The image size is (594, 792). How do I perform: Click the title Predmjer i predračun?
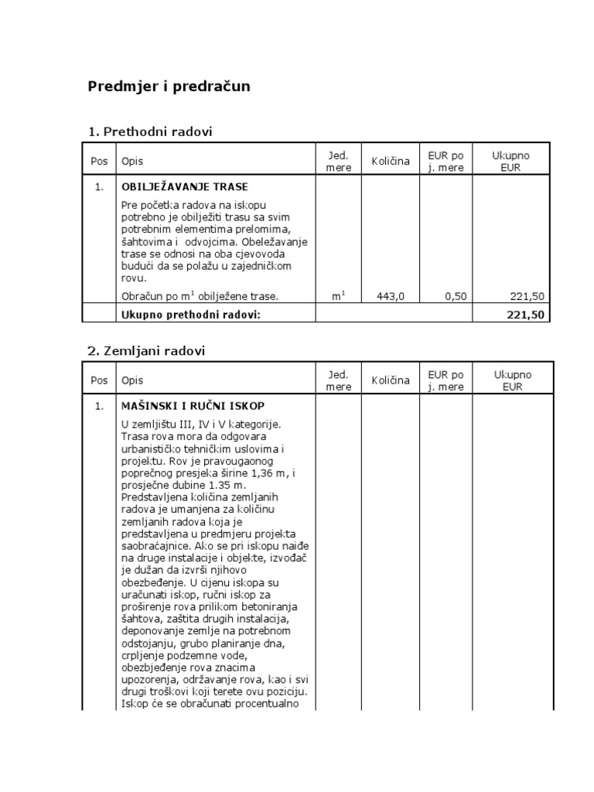(169, 86)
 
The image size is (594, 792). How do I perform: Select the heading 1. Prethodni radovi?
(149, 131)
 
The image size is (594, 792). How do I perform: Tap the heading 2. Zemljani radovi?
(146, 350)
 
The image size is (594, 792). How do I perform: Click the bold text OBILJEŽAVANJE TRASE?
(184, 186)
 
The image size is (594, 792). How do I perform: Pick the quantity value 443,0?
(391, 295)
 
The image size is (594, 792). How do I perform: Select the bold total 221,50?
(527, 314)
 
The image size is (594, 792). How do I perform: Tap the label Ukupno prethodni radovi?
(190, 314)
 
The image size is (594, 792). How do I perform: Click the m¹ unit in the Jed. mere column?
(338, 295)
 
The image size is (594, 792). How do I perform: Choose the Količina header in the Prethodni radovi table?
(390, 161)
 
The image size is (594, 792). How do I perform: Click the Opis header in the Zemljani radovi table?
(132, 380)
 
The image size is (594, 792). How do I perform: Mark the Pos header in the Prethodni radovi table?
(99, 161)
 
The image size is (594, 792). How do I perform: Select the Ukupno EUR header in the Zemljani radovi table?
(511, 380)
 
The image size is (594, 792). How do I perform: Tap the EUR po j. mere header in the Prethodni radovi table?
(445, 161)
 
